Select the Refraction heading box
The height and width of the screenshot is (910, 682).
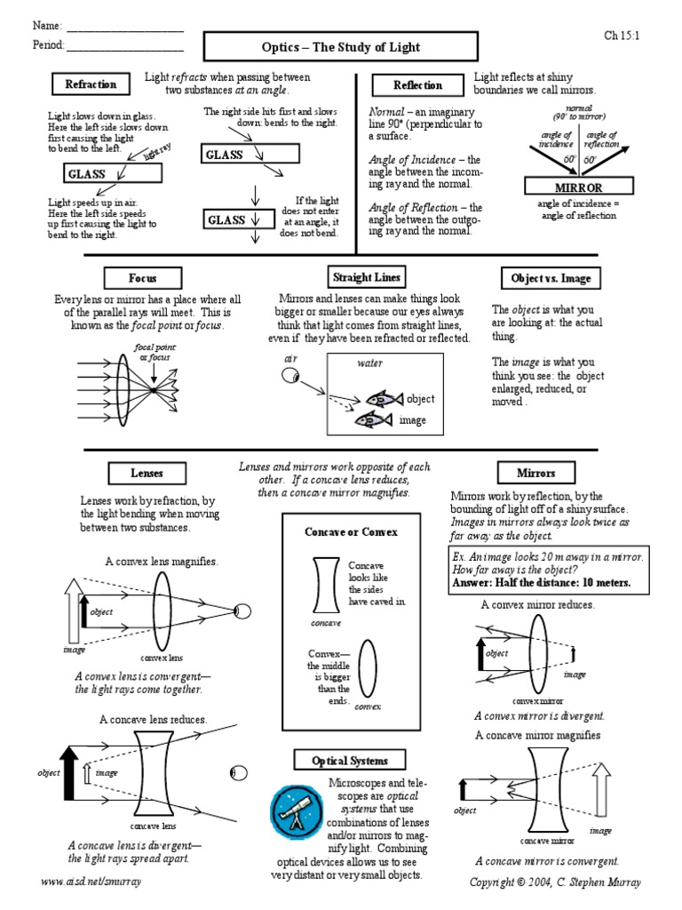tap(91, 84)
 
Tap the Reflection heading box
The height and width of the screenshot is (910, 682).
tap(417, 85)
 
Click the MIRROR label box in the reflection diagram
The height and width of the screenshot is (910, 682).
tap(578, 188)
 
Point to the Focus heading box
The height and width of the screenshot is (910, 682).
tap(142, 278)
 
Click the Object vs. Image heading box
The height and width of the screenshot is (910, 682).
tap(551, 278)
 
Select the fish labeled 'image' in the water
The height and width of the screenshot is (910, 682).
tap(374, 419)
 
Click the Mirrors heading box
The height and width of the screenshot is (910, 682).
tap(536, 473)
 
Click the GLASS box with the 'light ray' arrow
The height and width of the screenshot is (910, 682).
tap(112, 173)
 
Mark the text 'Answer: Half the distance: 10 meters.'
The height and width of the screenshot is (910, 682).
tap(542, 583)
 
